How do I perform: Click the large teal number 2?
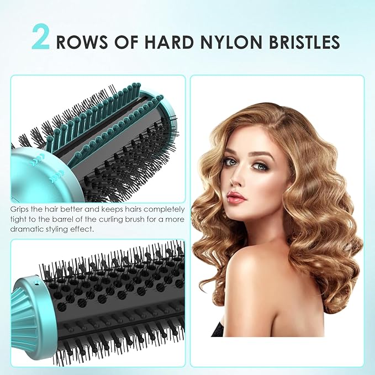(42, 38)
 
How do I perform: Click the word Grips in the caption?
(20, 210)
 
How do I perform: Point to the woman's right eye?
(227, 162)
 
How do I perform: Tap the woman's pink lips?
(236, 197)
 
